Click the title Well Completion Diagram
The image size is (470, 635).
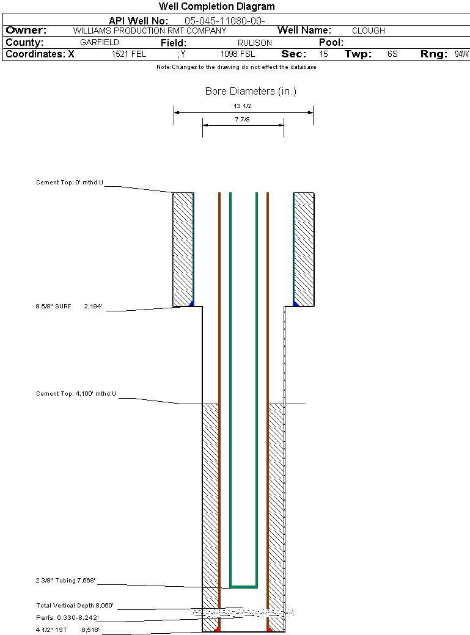click(216, 7)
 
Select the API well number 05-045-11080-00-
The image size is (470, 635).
click(225, 21)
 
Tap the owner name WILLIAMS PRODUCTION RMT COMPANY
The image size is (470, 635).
click(150, 31)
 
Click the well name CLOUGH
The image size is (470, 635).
click(368, 31)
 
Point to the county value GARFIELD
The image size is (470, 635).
click(100, 43)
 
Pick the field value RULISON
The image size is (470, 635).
click(255, 43)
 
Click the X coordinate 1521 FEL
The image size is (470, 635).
click(129, 54)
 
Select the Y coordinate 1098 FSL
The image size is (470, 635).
click(238, 54)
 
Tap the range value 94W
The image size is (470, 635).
click(461, 54)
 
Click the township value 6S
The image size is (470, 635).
click(392, 54)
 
